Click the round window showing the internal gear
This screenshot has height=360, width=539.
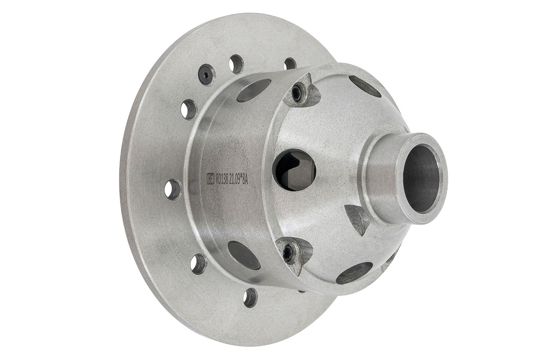[x=294, y=170]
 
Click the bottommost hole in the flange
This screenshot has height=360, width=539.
[x=250, y=298]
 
